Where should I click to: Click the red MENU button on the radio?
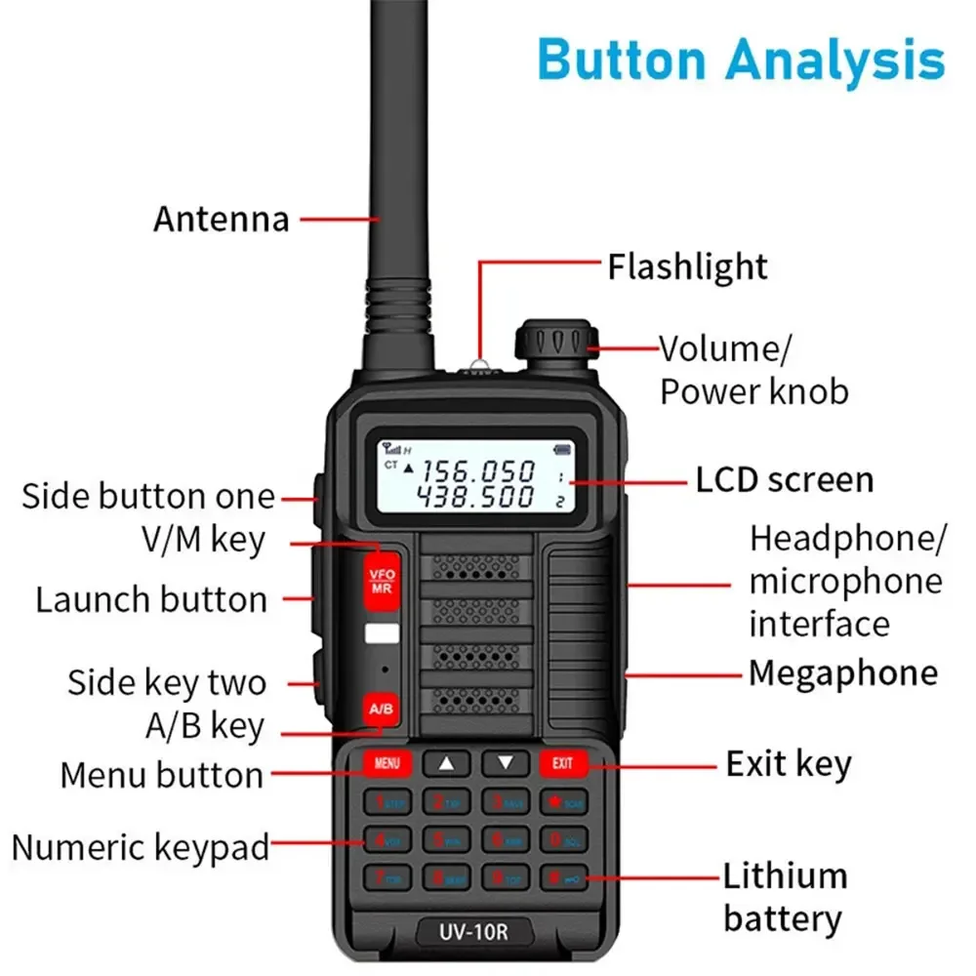pyautogui.click(x=386, y=763)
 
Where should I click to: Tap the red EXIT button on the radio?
pyautogui.click(x=563, y=763)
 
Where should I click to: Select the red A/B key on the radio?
pyautogui.click(x=382, y=709)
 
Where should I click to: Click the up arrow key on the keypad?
pyautogui.click(x=447, y=763)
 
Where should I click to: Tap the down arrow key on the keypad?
pyautogui.click(x=505, y=763)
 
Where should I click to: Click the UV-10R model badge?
pyautogui.click(x=474, y=931)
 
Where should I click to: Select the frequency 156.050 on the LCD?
pyautogui.click(x=476, y=471)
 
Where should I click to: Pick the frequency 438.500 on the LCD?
pyautogui.click(x=476, y=497)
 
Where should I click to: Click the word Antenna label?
pyautogui.click(x=221, y=219)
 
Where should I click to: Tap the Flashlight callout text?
pyautogui.click(x=687, y=266)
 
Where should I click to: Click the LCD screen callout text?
pyautogui.click(x=784, y=480)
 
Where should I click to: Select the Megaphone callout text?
pyautogui.click(x=842, y=673)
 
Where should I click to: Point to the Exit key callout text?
pyautogui.click(x=788, y=764)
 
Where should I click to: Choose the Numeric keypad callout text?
pyautogui.click(x=140, y=847)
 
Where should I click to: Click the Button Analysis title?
pyautogui.click(x=741, y=60)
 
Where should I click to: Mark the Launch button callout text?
pyautogui.click(x=151, y=599)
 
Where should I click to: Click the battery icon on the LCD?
pyautogui.click(x=560, y=449)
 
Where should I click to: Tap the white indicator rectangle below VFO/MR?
pyautogui.click(x=381, y=633)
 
